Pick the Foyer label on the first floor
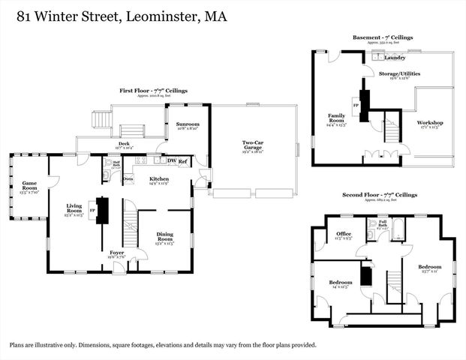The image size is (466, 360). point(117,253)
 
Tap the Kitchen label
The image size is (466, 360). point(158,179)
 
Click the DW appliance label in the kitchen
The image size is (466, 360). point(171,160)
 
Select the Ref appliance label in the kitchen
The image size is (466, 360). point(182,160)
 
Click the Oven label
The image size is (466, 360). point(128,178)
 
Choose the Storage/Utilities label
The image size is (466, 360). point(399,73)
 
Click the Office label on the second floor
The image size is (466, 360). point(344,234)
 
